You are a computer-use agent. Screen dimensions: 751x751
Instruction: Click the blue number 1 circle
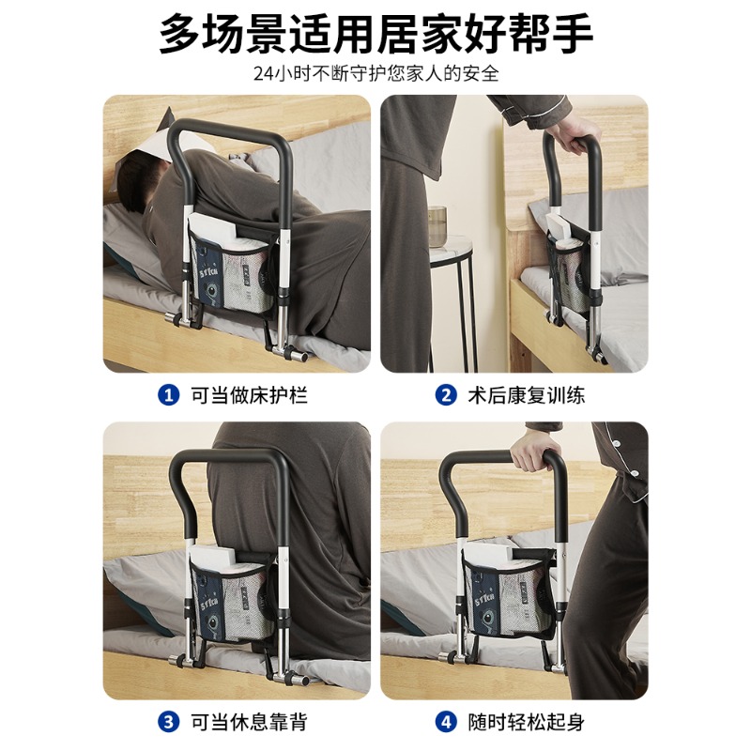[x=168, y=395]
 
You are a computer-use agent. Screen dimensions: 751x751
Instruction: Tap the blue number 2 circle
[x=445, y=395]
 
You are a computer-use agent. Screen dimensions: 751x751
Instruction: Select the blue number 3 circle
[x=168, y=722]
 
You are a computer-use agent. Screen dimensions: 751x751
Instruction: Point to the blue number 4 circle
[x=445, y=722]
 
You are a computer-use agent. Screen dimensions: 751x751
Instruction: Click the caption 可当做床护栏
[x=249, y=395]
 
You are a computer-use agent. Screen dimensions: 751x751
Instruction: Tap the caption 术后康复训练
[x=527, y=395]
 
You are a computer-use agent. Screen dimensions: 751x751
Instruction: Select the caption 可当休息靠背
[x=249, y=722]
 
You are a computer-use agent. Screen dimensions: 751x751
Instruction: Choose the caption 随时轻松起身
[x=527, y=722]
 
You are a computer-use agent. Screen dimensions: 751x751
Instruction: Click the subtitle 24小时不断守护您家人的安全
[x=376, y=74]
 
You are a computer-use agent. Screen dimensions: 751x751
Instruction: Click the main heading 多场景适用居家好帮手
[x=376, y=33]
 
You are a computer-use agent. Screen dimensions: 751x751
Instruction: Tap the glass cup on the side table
[x=437, y=226]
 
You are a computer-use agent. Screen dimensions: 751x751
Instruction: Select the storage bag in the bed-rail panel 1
[x=233, y=268]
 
